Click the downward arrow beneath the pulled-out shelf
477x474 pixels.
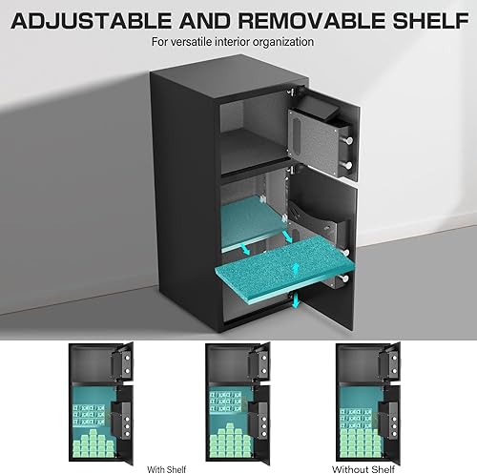[296, 301]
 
